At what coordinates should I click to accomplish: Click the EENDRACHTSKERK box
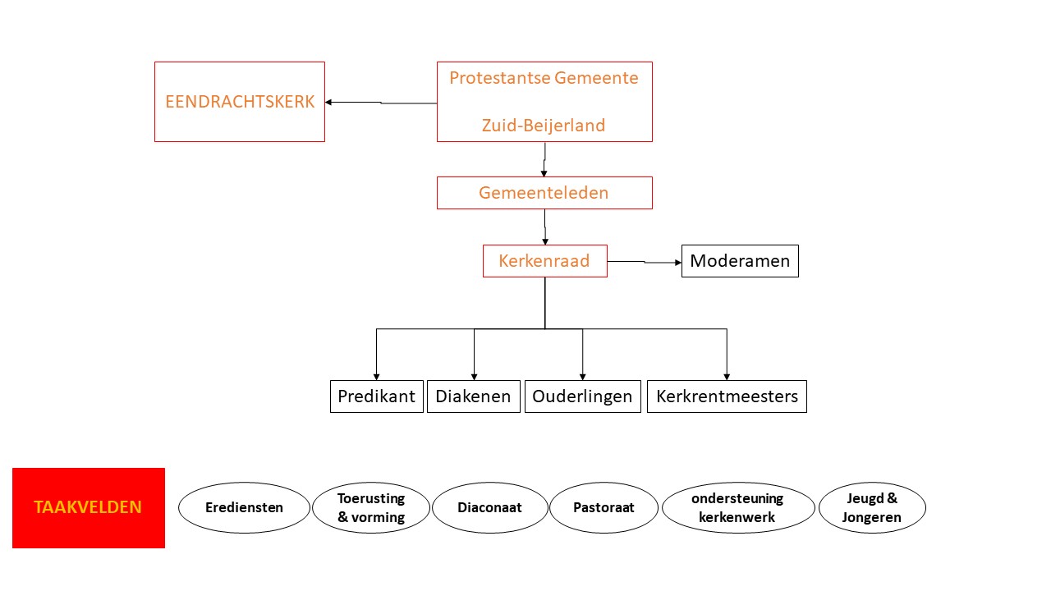point(240,102)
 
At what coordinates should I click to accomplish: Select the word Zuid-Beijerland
point(544,126)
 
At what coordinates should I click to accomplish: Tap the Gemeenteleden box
point(544,193)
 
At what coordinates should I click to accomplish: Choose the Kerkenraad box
point(544,261)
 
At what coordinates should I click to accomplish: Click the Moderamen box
point(740,261)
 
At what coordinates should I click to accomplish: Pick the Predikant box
point(377,396)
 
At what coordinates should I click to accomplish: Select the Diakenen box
point(474,396)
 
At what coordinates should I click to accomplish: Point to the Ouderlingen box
point(583,396)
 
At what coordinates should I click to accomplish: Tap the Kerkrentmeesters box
point(727,396)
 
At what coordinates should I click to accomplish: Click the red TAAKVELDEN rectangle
point(89,507)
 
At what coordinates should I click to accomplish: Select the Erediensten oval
point(244,507)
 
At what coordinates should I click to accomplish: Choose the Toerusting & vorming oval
point(371,507)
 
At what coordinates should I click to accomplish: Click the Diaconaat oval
point(490,507)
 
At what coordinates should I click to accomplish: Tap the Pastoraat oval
point(604,507)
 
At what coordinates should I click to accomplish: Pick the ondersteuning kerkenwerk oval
point(738,507)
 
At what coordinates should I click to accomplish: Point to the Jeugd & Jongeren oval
point(872,507)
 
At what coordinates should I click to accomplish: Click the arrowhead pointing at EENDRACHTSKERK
point(328,103)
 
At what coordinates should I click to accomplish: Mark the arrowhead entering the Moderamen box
point(678,263)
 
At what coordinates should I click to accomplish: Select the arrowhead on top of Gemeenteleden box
point(544,173)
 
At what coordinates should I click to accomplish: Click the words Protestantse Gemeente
point(544,78)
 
